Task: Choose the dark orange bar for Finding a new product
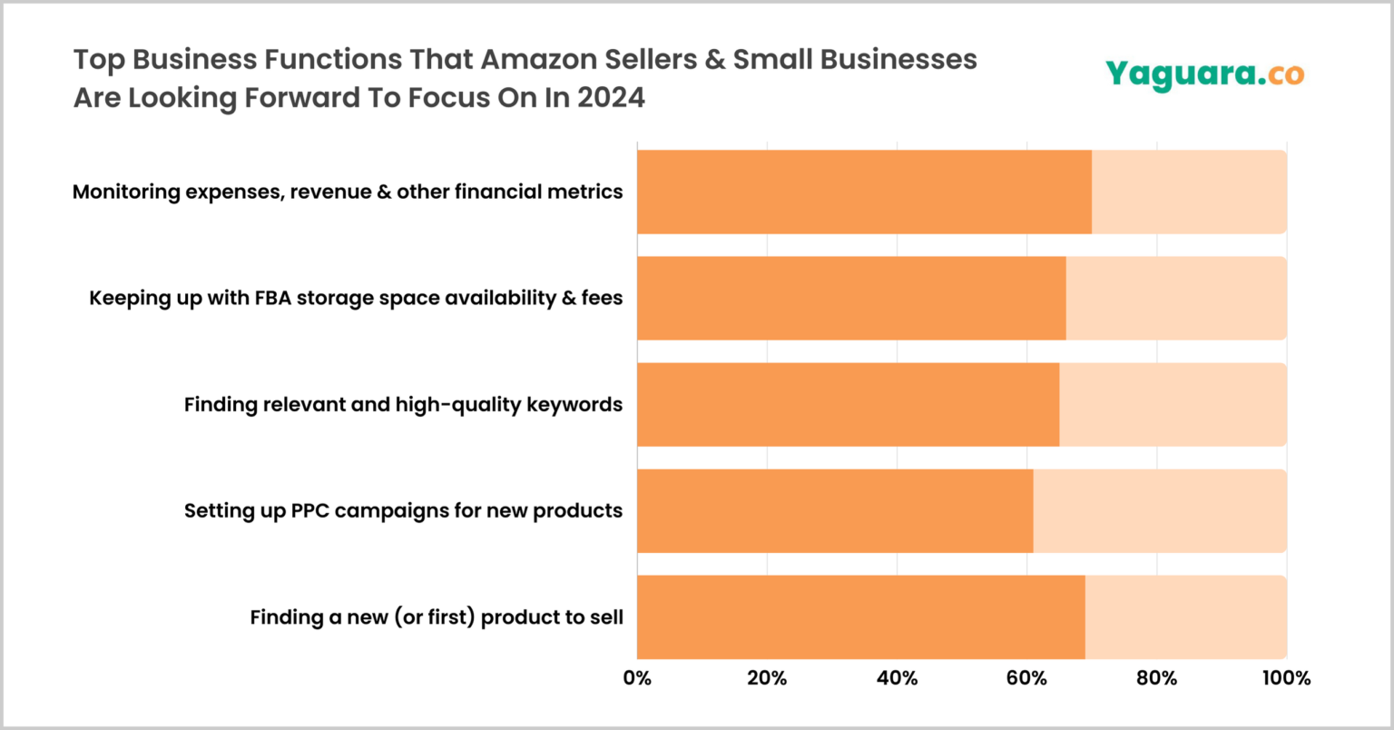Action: pyautogui.click(x=860, y=617)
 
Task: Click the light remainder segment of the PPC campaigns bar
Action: pyautogui.click(x=1160, y=510)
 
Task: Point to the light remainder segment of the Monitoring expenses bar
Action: pyautogui.click(x=1189, y=192)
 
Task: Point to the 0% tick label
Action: pyautogui.click(x=637, y=677)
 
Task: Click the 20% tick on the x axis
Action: pyautogui.click(x=767, y=677)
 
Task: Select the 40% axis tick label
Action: pyautogui.click(x=897, y=677)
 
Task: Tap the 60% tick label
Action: pyautogui.click(x=1026, y=677)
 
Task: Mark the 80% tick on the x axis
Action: pyautogui.click(x=1156, y=677)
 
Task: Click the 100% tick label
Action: pyautogui.click(x=1285, y=677)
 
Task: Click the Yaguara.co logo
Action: pyautogui.click(x=1204, y=74)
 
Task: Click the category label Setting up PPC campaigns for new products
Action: pyautogui.click(x=403, y=510)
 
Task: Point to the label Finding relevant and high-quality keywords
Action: pyautogui.click(x=403, y=404)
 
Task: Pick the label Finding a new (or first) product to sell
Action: pyautogui.click(x=437, y=617)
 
